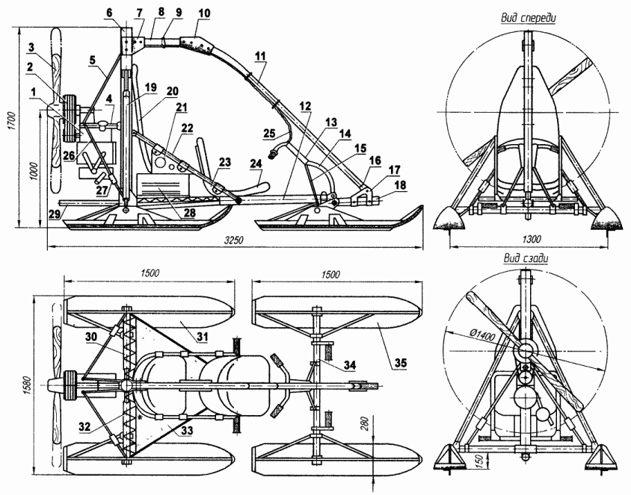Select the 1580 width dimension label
28,381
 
